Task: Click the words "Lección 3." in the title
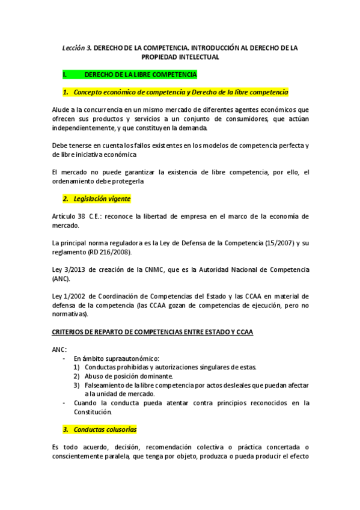click(77, 47)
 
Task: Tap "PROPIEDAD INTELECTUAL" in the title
click(180, 57)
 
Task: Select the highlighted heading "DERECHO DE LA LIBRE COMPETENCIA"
click(141, 75)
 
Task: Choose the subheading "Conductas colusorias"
click(105, 429)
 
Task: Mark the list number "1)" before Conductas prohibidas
click(76, 367)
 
